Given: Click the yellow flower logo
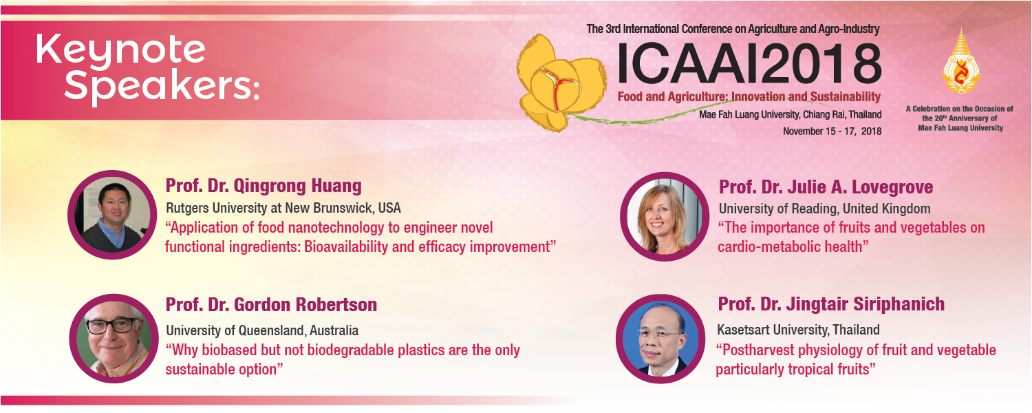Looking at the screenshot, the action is click(x=561, y=83).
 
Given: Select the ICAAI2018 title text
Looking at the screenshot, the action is click(x=749, y=64).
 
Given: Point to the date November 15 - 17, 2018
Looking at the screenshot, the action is click(x=832, y=131).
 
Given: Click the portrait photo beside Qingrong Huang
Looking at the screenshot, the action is click(x=113, y=215).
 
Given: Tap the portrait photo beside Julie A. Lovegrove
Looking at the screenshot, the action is click(x=665, y=217).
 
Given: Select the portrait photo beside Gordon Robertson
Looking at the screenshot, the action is click(x=114, y=339).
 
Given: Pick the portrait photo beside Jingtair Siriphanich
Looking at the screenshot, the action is click(x=660, y=339).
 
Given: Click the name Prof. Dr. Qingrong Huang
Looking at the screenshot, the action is click(x=264, y=187).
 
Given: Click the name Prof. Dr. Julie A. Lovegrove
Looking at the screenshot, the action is click(x=826, y=187).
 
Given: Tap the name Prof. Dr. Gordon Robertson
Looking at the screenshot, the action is click(x=271, y=305).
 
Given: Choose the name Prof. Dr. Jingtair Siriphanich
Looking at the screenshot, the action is click(x=831, y=304).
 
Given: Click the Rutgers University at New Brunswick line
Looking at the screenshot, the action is click(x=283, y=209).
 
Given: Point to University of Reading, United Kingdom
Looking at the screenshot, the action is click(x=825, y=209).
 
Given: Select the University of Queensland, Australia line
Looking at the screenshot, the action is click(x=262, y=330).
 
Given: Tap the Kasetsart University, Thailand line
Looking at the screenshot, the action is click(x=798, y=330).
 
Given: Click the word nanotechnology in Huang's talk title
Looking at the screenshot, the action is click(x=340, y=228).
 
